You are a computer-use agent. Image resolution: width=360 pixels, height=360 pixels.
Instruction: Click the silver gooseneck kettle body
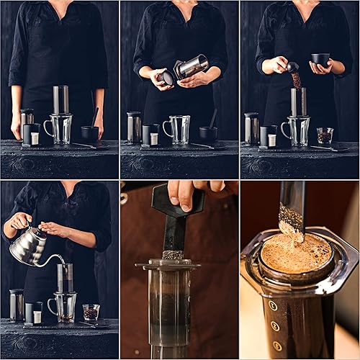[x=26, y=246]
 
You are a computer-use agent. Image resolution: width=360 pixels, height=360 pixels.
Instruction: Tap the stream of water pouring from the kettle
[x=60, y=261]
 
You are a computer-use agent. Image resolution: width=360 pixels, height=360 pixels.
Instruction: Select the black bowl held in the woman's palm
[x=320, y=60]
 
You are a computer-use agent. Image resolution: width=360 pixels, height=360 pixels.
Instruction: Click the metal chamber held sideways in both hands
[x=191, y=67]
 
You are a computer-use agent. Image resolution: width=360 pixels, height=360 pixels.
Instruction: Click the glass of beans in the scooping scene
[x=325, y=135]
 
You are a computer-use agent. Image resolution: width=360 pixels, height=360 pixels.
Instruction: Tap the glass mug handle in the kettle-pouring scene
[x=51, y=306]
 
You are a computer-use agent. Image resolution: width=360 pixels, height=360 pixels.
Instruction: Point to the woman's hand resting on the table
[x=15, y=126]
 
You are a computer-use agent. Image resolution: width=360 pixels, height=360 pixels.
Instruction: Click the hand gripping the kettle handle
[x=17, y=222]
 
